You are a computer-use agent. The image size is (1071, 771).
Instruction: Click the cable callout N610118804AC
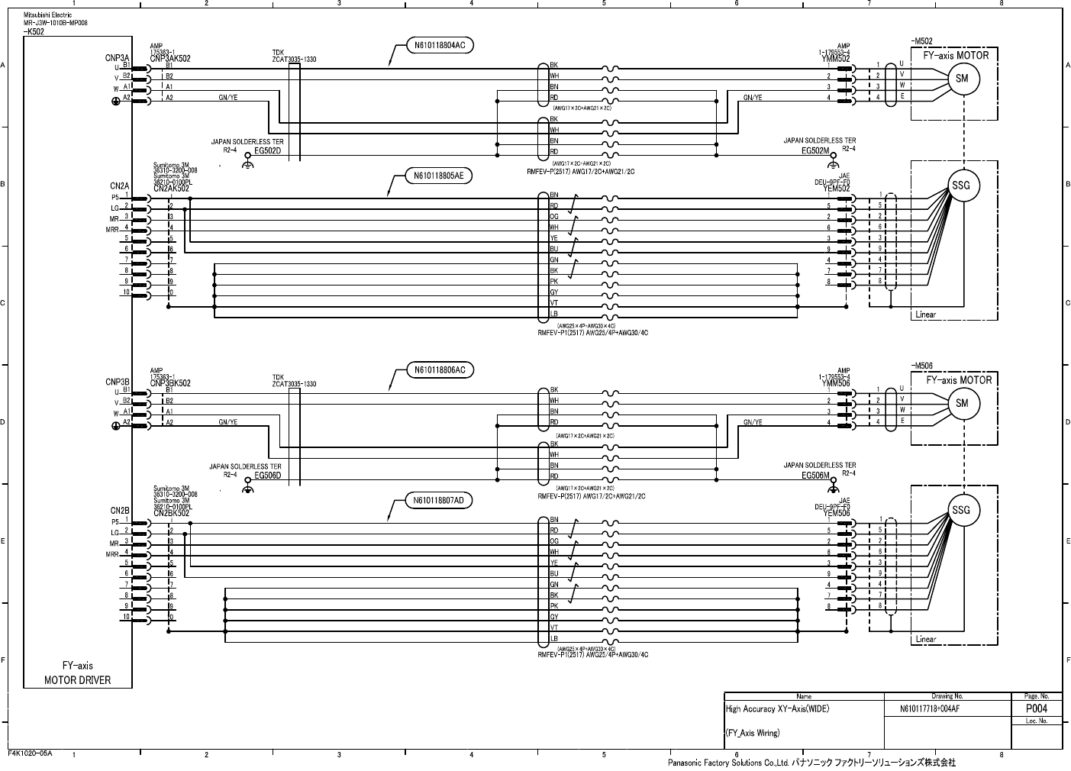(x=440, y=46)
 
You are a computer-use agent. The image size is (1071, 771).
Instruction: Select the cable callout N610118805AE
(x=439, y=176)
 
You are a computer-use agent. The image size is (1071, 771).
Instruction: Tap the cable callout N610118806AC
(x=440, y=370)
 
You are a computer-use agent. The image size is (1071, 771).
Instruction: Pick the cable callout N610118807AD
(x=439, y=501)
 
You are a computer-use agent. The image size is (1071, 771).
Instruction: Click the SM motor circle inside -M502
(x=962, y=79)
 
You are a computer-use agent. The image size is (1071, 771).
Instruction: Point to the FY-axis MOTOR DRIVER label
(x=77, y=673)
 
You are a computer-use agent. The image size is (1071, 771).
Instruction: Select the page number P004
(x=1036, y=708)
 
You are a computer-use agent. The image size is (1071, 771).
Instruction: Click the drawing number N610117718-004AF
(x=930, y=709)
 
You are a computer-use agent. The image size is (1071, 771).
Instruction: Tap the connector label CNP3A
(x=118, y=57)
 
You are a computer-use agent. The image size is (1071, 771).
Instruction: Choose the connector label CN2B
(x=120, y=510)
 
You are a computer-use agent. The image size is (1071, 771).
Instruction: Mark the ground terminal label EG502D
(x=268, y=151)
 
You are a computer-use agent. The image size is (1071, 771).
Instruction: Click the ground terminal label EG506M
(x=816, y=475)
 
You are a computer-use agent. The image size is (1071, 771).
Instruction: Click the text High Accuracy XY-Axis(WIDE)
(x=777, y=709)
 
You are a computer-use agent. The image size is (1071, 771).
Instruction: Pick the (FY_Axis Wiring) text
(x=753, y=733)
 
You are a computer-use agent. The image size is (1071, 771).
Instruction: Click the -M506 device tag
(x=922, y=366)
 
